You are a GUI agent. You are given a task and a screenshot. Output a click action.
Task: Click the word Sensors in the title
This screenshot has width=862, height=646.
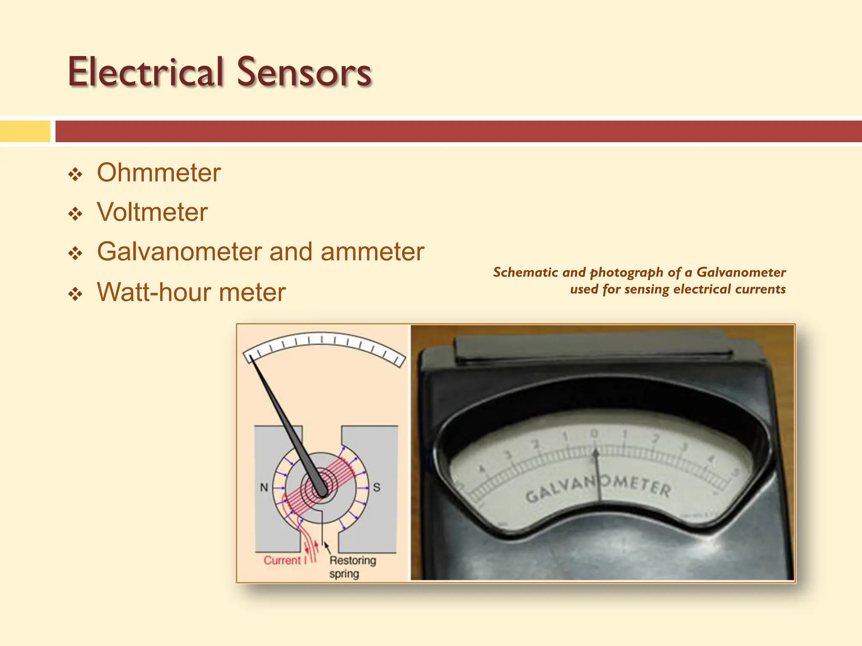point(304,72)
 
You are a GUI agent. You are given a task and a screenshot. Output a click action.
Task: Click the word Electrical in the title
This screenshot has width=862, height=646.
point(146,72)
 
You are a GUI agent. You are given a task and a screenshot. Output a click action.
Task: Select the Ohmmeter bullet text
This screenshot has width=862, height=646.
point(159,173)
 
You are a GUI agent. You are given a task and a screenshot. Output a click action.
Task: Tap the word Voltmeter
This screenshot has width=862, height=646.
point(152,212)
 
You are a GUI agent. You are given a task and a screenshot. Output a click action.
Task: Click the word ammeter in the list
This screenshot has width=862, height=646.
point(372,252)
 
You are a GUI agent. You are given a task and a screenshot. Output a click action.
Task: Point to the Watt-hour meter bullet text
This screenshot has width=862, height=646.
point(191,292)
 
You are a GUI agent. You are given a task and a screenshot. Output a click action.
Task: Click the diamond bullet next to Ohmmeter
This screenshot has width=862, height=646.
point(75,174)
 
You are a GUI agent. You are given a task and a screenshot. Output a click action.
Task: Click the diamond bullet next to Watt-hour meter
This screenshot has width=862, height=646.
point(75,294)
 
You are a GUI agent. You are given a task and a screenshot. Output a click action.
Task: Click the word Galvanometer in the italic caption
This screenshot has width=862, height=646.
point(741,272)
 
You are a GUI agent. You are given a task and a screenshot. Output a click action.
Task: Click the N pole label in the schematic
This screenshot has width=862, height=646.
point(264,487)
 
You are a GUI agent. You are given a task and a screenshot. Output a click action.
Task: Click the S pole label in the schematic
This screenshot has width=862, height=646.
point(377,487)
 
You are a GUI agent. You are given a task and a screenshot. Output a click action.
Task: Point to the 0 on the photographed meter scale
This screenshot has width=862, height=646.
point(594,433)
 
